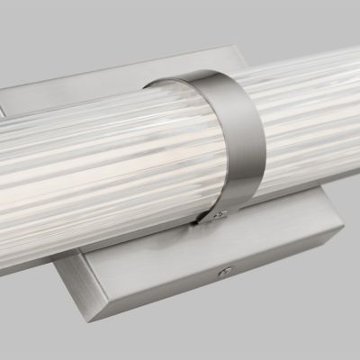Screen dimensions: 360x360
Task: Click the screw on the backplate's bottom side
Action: (226, 271)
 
